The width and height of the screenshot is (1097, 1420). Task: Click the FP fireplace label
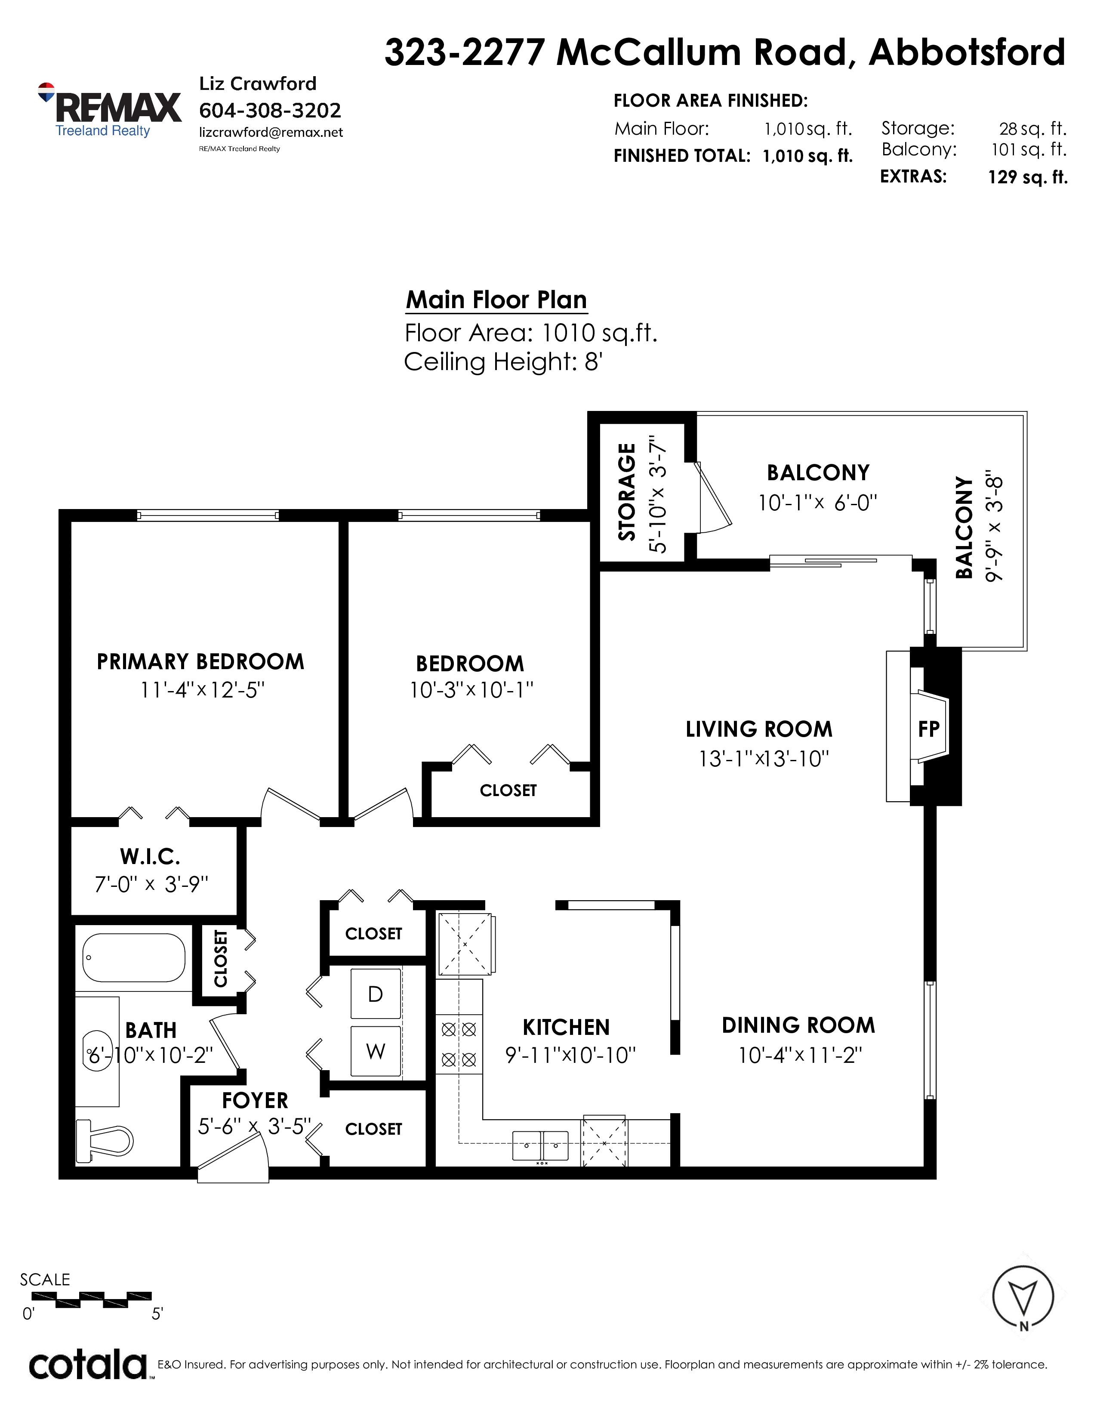[929, 729]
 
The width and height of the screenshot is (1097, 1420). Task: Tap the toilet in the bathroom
[105, 1140]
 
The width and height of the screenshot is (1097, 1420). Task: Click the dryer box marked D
[376, 994]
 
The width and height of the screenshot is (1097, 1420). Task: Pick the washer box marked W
[376, 1051]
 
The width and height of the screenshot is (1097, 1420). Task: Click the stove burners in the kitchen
[459, 1045]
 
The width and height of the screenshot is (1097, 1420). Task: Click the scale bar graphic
[92, 1300]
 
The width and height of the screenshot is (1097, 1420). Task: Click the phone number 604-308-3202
[270, 111]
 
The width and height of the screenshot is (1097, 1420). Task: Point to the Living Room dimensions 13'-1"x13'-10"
[764, 759]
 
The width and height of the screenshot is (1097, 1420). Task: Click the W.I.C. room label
[150, 856]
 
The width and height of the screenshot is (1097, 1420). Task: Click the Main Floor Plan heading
[496, 300]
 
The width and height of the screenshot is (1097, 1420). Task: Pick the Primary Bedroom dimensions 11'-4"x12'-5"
[203, 690]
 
